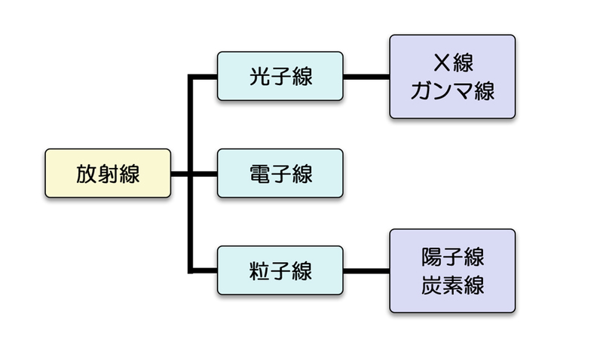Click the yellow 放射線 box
click(108, 173)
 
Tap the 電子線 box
click(280, 173)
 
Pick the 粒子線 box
click(280, 270)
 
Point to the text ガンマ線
click(452, 91)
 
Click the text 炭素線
click(452, 285)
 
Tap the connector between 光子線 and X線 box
click(366, 76)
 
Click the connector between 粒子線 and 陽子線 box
click(366, 270)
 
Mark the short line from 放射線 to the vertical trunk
click(179, 174)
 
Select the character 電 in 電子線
click(259, 173)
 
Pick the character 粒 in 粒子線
click(259, 270)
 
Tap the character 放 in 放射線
click(87, 173)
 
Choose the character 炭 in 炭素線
click(431, 285)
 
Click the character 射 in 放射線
click(108, 173)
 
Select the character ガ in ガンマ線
click(421, 91)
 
